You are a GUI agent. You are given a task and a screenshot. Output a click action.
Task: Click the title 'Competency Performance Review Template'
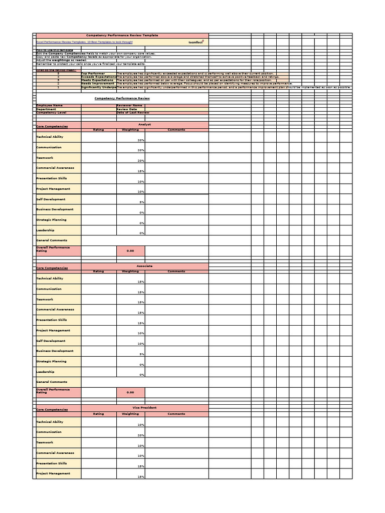point(122,36)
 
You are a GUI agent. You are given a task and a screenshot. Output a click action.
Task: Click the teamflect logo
point(196,43)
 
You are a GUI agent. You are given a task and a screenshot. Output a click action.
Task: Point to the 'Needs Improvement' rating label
point(98,84)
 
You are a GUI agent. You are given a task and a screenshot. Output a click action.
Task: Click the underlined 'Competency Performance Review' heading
point(123,99)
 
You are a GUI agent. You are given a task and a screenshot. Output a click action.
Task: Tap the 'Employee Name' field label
point(50,106)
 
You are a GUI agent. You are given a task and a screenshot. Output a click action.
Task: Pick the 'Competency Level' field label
point(51,113)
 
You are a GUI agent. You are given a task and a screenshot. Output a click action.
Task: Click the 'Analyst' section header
point(144,124)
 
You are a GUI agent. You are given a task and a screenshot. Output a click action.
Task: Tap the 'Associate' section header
point(144,266)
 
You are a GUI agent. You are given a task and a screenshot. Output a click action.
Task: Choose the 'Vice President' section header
point(144,407)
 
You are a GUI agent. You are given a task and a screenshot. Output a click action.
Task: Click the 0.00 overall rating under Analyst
point(130,250)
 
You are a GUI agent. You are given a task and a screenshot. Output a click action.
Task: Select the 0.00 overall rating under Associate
point(130,392)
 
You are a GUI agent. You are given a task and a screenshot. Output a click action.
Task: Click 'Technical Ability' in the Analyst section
point(50,137)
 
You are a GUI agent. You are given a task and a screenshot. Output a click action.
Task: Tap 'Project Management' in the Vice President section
point(53,473)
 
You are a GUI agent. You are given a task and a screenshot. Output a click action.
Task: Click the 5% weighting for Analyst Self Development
point(142,202)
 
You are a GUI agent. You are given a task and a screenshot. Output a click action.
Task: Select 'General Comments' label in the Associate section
point(52,382)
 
